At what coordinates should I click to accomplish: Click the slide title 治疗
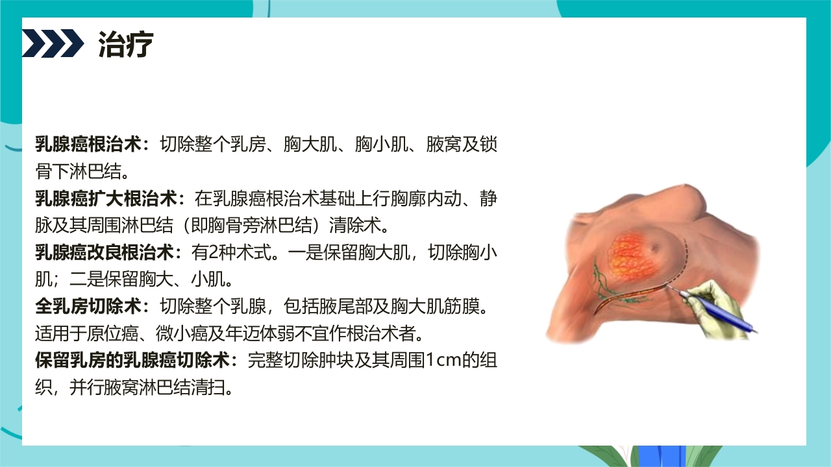126,44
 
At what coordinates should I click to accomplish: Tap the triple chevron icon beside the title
53,43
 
